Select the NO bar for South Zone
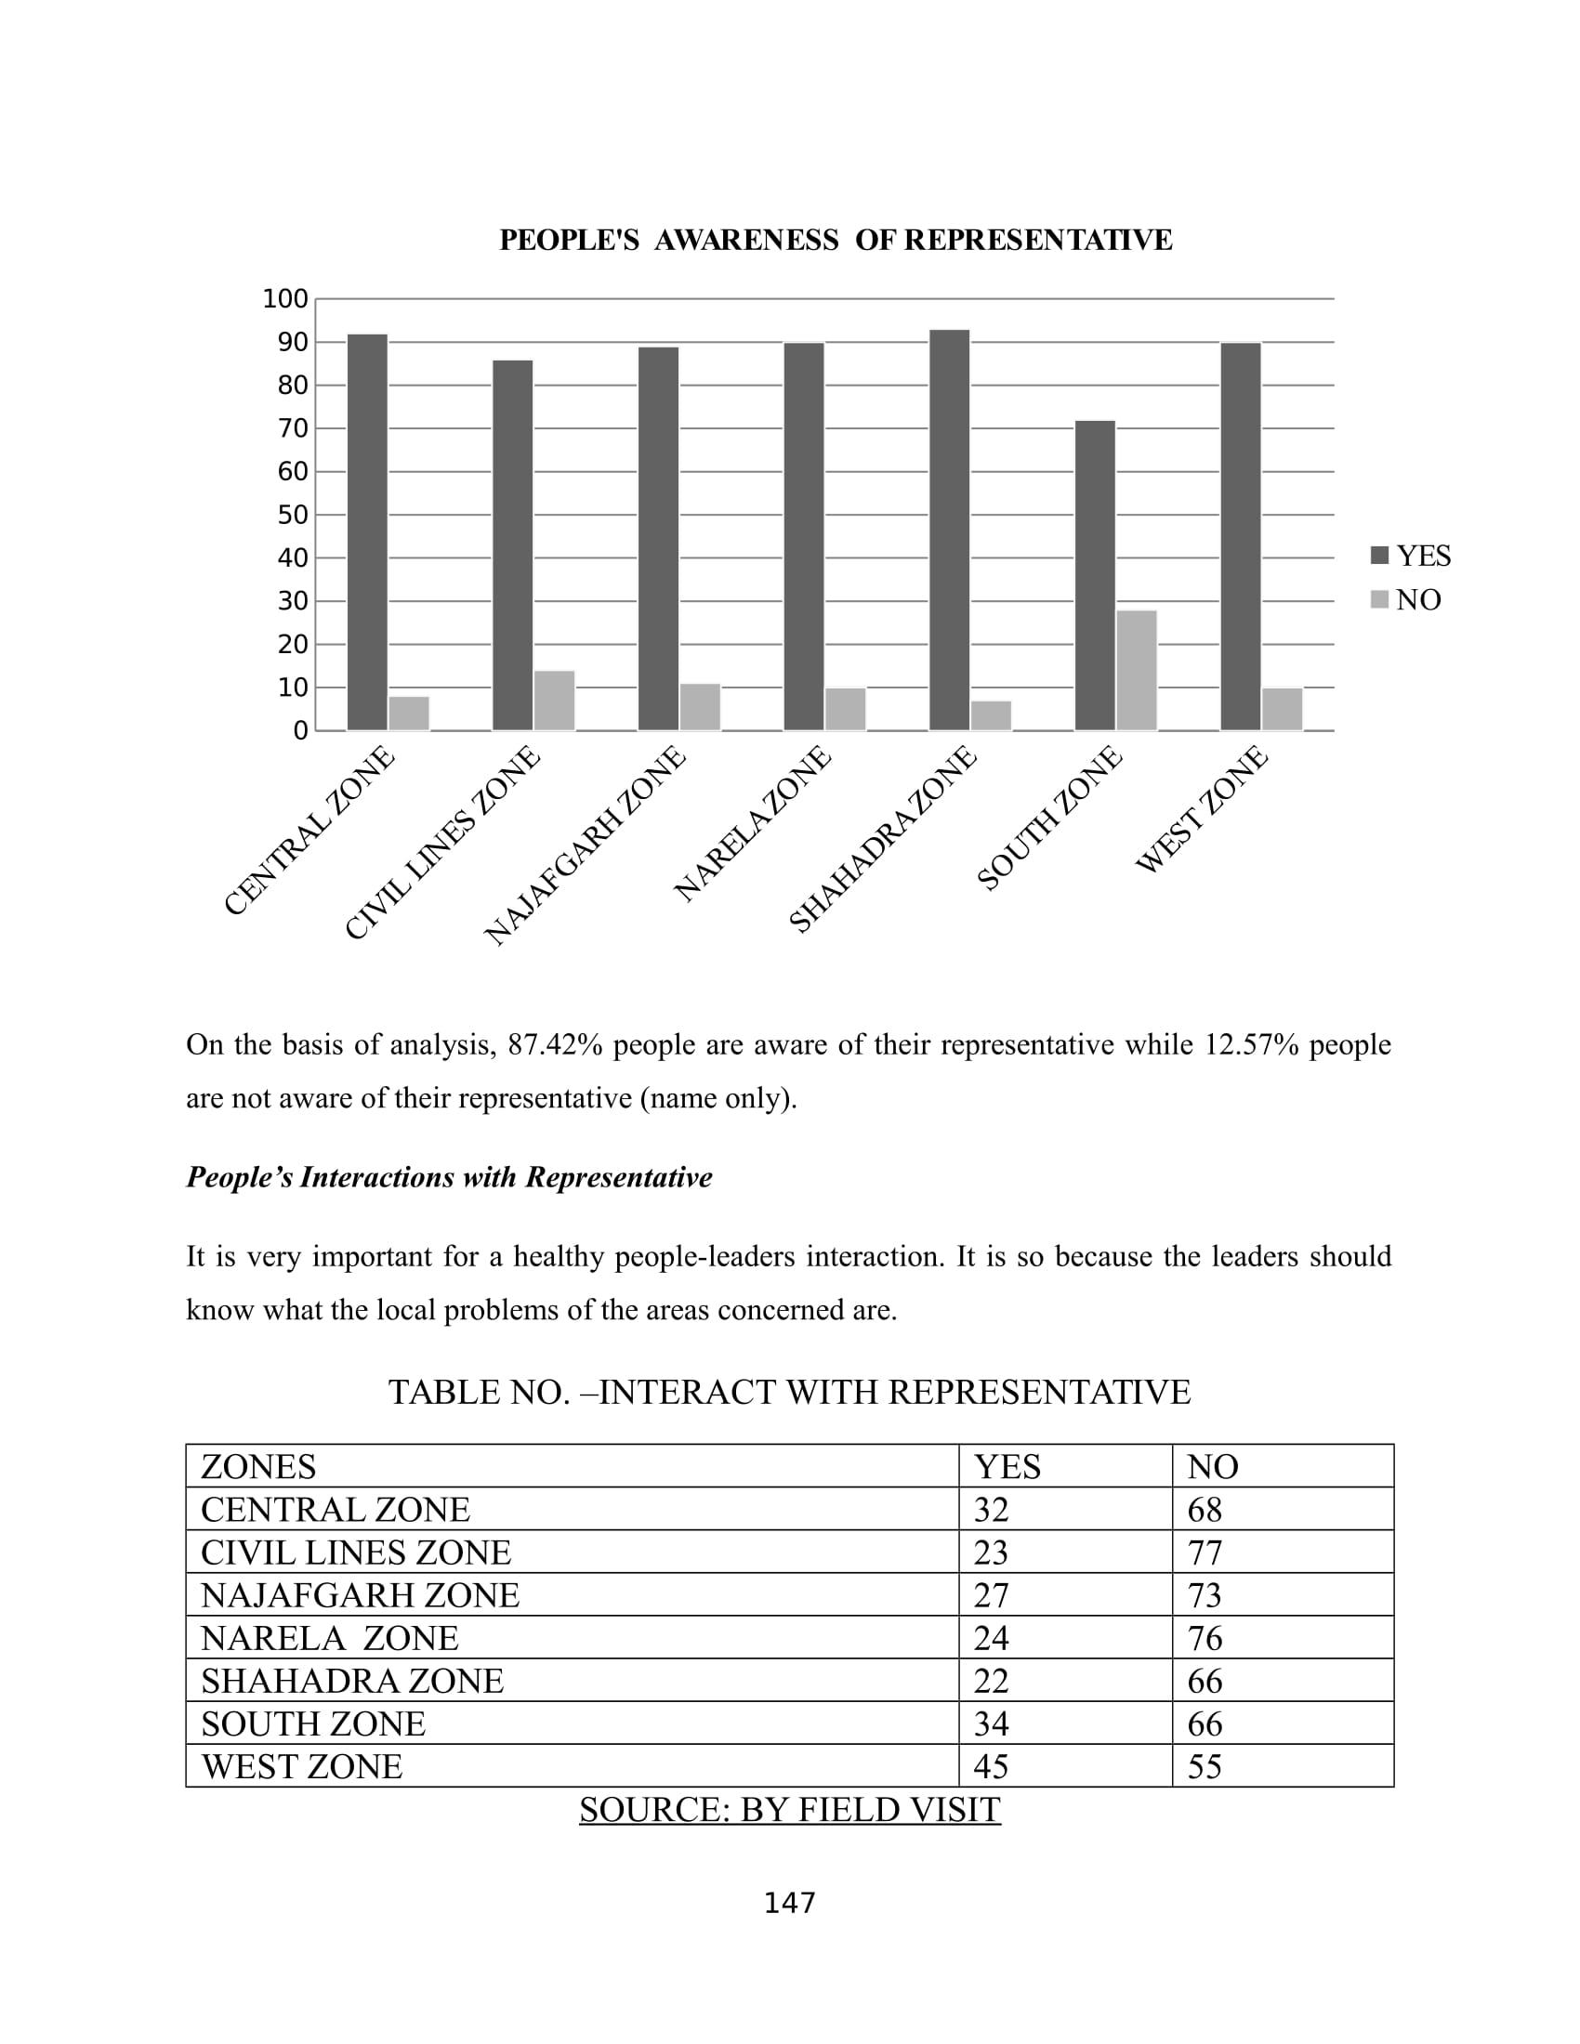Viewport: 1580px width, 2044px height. [x=1137, y=670]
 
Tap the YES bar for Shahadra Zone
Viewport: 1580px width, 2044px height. [x=949, y=530]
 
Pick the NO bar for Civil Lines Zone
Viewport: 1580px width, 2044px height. [x=554, y=700]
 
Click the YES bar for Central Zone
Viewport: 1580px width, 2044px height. [x=367, y=531]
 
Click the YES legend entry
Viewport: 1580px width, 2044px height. [x=1411, y=556]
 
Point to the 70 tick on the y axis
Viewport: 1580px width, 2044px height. [x=293, y=428]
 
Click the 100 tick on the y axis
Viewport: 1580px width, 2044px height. [x=285, y=299]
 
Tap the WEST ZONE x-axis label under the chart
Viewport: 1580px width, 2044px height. [x=1201, y=810]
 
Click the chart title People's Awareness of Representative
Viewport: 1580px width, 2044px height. [x=835, y=241]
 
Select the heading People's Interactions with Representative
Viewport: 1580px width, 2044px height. [x=449, y=1177]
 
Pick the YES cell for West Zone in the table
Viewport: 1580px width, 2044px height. [x=992, y=1767]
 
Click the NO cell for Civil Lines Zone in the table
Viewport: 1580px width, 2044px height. [x=1205, y=1553]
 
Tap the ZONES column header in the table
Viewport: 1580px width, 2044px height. [x=258, y=1466]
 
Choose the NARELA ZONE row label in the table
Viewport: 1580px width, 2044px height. [x=330, y=1638]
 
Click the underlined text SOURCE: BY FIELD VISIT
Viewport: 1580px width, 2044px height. [x=790, y=1810]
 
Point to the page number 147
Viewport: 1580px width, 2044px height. [x=790, y=1903]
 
